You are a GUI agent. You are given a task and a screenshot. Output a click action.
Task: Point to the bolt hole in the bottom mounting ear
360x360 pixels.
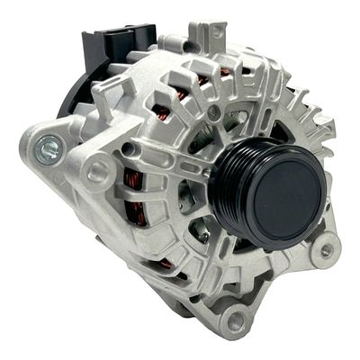(236, 319)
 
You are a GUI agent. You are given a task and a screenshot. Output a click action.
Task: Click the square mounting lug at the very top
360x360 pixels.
(214, 33)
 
